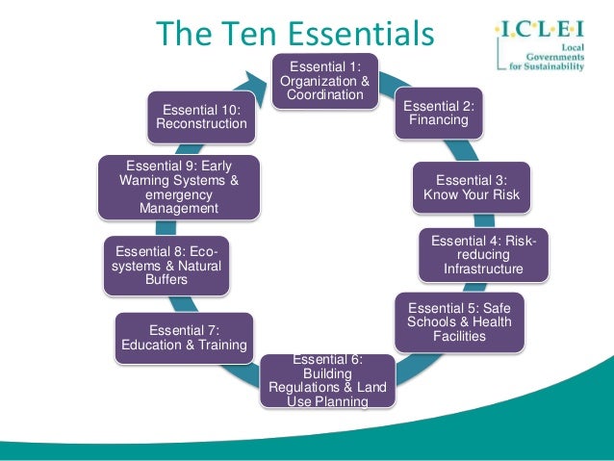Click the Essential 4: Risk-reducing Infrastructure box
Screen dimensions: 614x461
[x=483, y=253]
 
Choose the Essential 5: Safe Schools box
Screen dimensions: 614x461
[x=459, y=321]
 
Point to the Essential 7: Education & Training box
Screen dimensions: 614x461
[x=184, y=338]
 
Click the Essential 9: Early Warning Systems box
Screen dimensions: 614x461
[x=179, y=186]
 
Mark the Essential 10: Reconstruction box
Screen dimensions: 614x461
[x=202, y=115]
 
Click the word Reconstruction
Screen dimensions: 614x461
[x=202, y=123]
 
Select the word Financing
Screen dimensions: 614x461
[x=438, y=120]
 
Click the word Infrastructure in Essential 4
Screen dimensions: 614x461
[x=483, y=269]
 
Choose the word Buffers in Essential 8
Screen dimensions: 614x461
[x=166, y=280]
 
